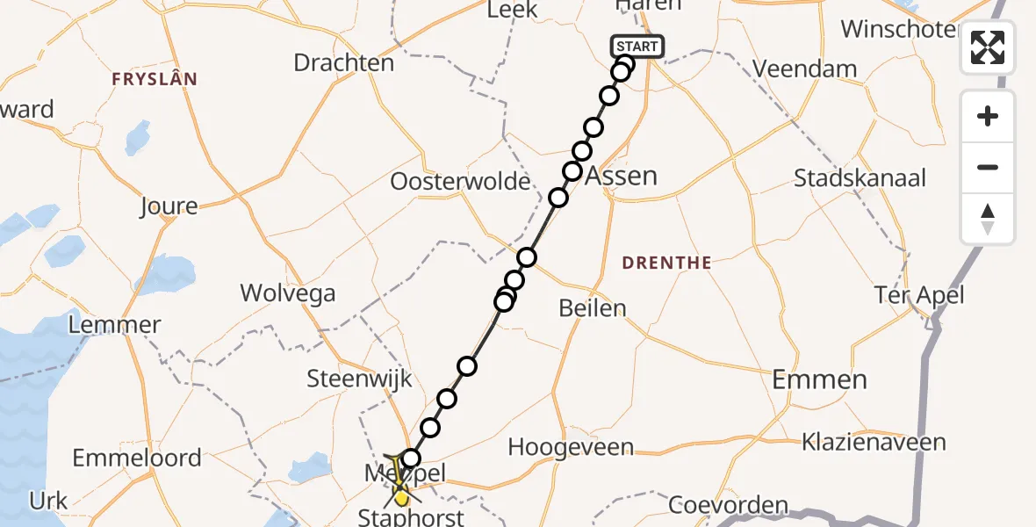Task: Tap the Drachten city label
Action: click(343, 63)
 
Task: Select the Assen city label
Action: click(620, 175)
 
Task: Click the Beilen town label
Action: click(593, 307)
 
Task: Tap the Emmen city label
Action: click(819, 379)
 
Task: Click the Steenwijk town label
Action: click(359, 379)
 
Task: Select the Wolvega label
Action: click(288, 292)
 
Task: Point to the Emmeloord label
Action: click(137, 458)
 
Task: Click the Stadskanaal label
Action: click(860, 178)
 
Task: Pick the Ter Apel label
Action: click(919, 295)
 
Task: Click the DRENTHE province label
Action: click(666, 263)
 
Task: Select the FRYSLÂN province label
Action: click(155, 79)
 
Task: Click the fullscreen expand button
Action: click(988, 47)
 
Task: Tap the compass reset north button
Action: click(988, 219)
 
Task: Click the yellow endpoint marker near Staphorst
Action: click(401, 498)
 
